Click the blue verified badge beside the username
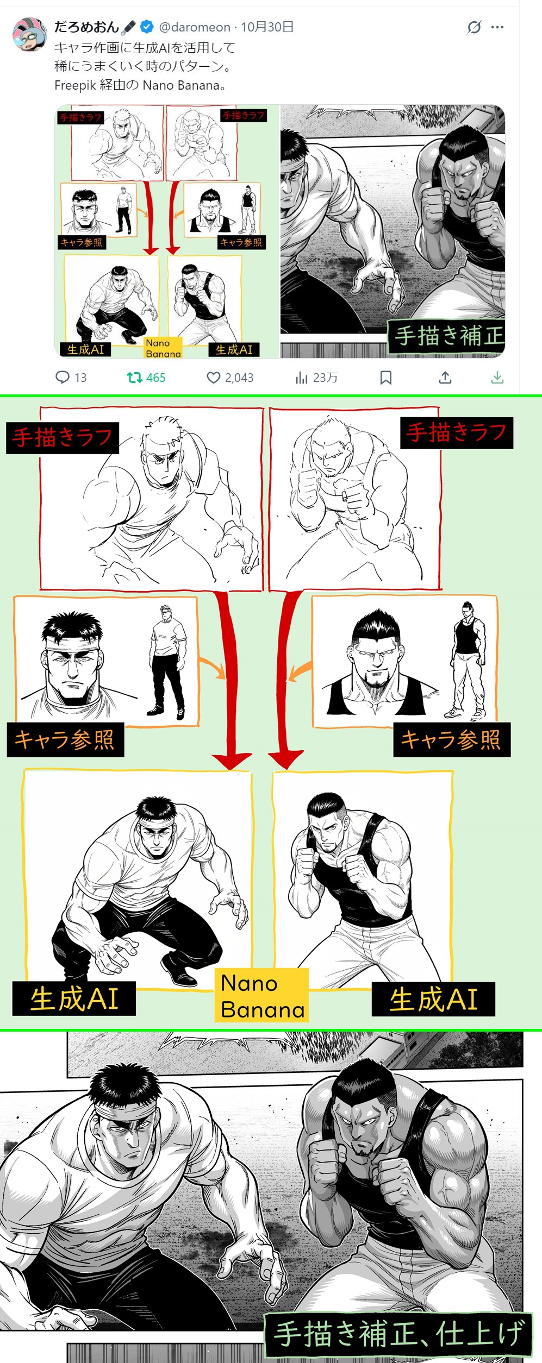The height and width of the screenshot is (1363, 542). click(146, 27)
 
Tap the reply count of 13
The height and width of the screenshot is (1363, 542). click(81, 378)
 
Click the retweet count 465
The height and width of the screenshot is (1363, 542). click(155, 378)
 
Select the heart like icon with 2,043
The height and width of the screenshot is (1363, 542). click(214, 378)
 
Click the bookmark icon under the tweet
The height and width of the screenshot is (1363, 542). click(386, 378)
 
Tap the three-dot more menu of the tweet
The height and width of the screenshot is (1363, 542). click(497, 27)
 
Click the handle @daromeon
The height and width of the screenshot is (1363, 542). click(195, 27)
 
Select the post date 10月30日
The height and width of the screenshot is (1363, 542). click(267, 27)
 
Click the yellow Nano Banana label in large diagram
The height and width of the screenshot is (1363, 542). click(262, 996)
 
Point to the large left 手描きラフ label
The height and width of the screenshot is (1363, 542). click(63, 437)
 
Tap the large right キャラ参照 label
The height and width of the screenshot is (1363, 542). click(452, 740)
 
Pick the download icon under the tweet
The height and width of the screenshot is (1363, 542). click(497, 378)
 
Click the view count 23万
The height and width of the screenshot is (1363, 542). click(325, 378)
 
